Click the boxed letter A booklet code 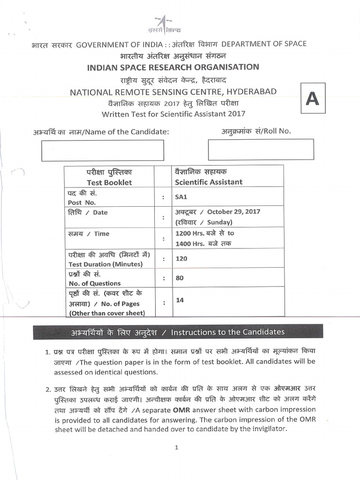click(312, 100)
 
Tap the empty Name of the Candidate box click(103, 150)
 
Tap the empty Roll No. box click(261, 150)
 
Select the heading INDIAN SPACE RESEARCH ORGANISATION click(173, 67)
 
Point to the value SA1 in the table click(181, 198)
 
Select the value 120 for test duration click(181, 258)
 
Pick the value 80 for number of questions click(179, 278)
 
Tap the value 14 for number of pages click(179, 300)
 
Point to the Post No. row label click(82, 202)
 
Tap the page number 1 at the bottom click(176, 447)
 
